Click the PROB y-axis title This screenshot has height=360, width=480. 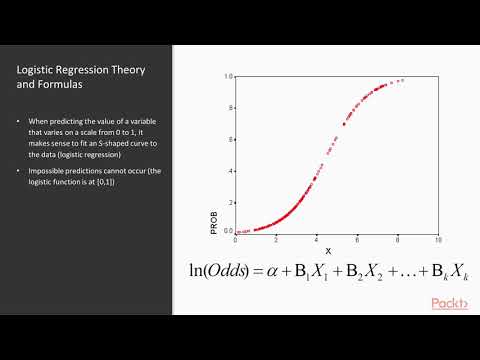click(214, 219)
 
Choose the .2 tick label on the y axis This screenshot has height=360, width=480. click(230, 201)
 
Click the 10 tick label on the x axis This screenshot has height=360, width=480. click(438, 240)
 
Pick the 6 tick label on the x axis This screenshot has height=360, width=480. click(357, 240)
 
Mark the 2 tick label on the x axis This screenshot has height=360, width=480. click(276, 240)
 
